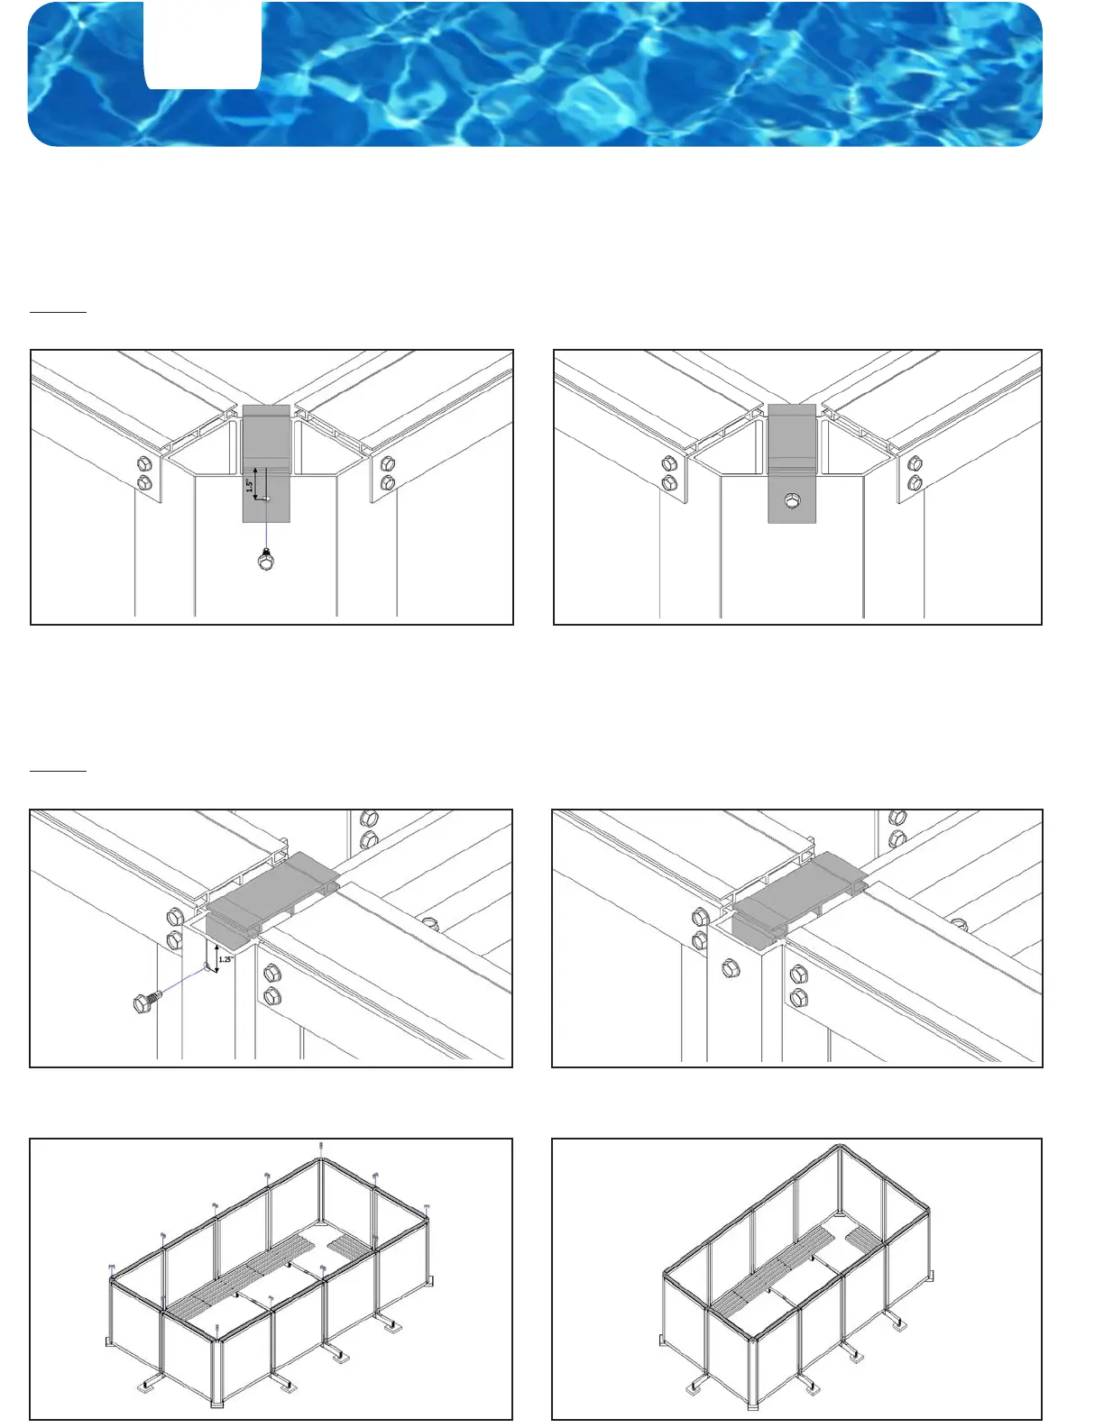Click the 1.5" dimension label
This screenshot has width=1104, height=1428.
tap(250, 484)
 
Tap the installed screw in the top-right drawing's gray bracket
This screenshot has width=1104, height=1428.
tap(791, 500)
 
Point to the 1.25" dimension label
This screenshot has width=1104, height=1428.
tap(225, 959)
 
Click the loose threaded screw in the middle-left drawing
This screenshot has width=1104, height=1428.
tap(147, 1002)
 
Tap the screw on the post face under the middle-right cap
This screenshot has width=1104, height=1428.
tap(731, 969)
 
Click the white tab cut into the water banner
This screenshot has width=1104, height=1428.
tap(203, 45)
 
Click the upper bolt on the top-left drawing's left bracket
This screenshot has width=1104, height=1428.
tap(143, 465)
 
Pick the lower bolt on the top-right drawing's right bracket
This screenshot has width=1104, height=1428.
tap(915, 483)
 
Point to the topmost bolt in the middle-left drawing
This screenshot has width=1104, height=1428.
tap(368, 819)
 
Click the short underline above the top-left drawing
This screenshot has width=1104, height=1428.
tap(58, 312)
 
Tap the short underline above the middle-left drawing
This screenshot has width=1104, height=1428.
tap(58, 772)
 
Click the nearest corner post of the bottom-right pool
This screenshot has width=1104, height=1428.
tap(754, 1374)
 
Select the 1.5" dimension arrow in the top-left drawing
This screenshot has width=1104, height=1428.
tap(256, 482)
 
